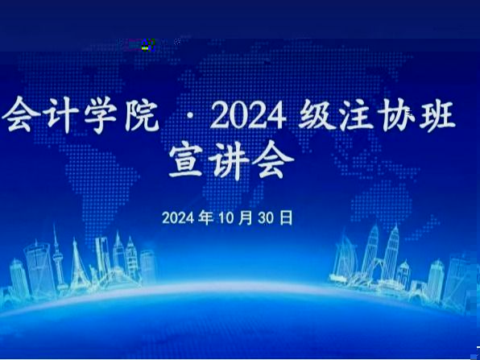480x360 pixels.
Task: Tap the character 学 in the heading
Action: click(101, 116)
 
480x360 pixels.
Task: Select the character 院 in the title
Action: click(142, 116)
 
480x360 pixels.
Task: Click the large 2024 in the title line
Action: click(249, 116)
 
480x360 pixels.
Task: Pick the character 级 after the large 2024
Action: click(316, 116)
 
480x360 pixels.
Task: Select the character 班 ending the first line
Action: click(438, 116)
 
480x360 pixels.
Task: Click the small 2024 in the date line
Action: click(178, 218)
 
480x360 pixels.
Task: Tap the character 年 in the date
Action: click(205, 217)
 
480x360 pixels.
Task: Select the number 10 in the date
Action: click(226, 218)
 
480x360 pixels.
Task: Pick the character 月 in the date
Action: click(246, 217)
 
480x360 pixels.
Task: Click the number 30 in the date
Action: click(266, 218)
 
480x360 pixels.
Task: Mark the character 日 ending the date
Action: click(286, 217)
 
